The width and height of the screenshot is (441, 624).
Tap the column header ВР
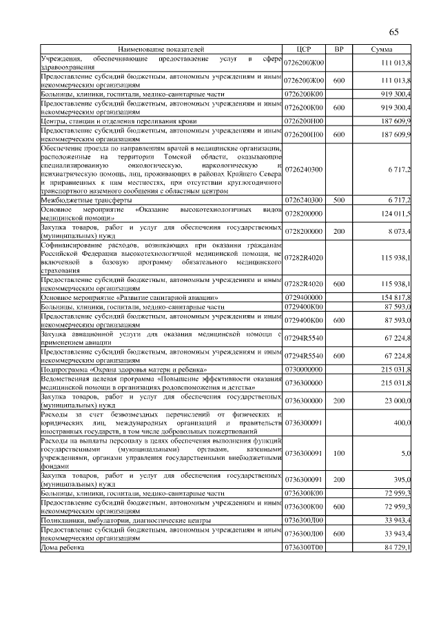(x=338, y=50)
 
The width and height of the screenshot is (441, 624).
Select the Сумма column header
(x=382, y=50)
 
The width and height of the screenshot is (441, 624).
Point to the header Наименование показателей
(x=161, y=50)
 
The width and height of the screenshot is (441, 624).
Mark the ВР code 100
(x=338, y=453)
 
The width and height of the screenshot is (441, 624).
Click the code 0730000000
(x=304, y=370)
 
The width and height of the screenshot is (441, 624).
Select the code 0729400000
(x=304, y=296)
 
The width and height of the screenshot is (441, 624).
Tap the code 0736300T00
(x=304, y=547)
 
